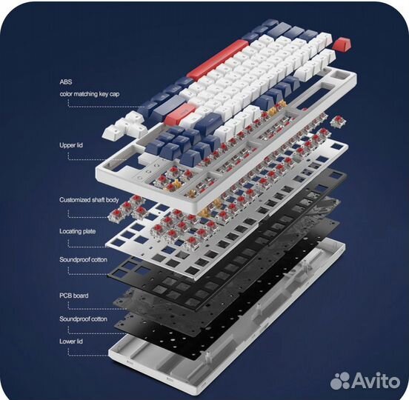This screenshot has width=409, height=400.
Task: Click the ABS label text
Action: [66, 82]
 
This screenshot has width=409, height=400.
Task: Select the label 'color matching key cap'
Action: [90, 94]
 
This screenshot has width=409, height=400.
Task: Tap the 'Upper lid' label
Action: [71, 145]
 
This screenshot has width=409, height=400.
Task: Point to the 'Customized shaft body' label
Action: [89, 200]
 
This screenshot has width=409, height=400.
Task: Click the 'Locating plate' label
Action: [78, 232]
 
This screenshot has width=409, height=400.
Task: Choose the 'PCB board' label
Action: [74, 296]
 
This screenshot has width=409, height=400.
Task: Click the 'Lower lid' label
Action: [71, 341]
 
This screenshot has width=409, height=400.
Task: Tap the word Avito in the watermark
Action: [376, 381]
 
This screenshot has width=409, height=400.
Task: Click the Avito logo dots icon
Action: [341, 381]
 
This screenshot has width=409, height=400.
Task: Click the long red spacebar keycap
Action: [218, 59]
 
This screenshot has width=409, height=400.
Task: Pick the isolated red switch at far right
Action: [338, 121]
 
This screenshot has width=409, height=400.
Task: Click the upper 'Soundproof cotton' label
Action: [83, 260]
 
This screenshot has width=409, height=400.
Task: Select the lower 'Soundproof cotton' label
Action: [83, 319]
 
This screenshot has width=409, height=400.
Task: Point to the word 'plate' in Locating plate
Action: [89, 232]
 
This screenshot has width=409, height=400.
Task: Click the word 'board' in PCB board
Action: [81, 296]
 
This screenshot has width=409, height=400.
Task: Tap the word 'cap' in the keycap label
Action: [114, 94]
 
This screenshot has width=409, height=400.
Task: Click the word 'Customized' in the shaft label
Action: [75, 200]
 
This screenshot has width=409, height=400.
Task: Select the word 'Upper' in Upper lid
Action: [67, 145]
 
